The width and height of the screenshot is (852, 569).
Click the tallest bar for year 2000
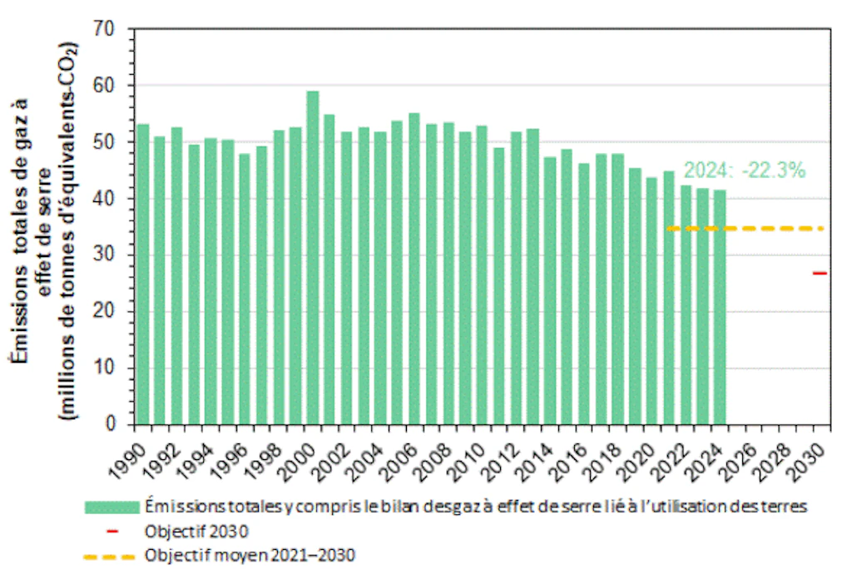[x=313, y=258]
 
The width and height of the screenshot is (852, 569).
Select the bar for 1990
[x=143, y=275]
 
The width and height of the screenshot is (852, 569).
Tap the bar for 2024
[x=720, y=308]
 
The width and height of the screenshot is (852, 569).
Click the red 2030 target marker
[x=820, y=273]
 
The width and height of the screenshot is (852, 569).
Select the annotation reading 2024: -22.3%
[x=745, y=171]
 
